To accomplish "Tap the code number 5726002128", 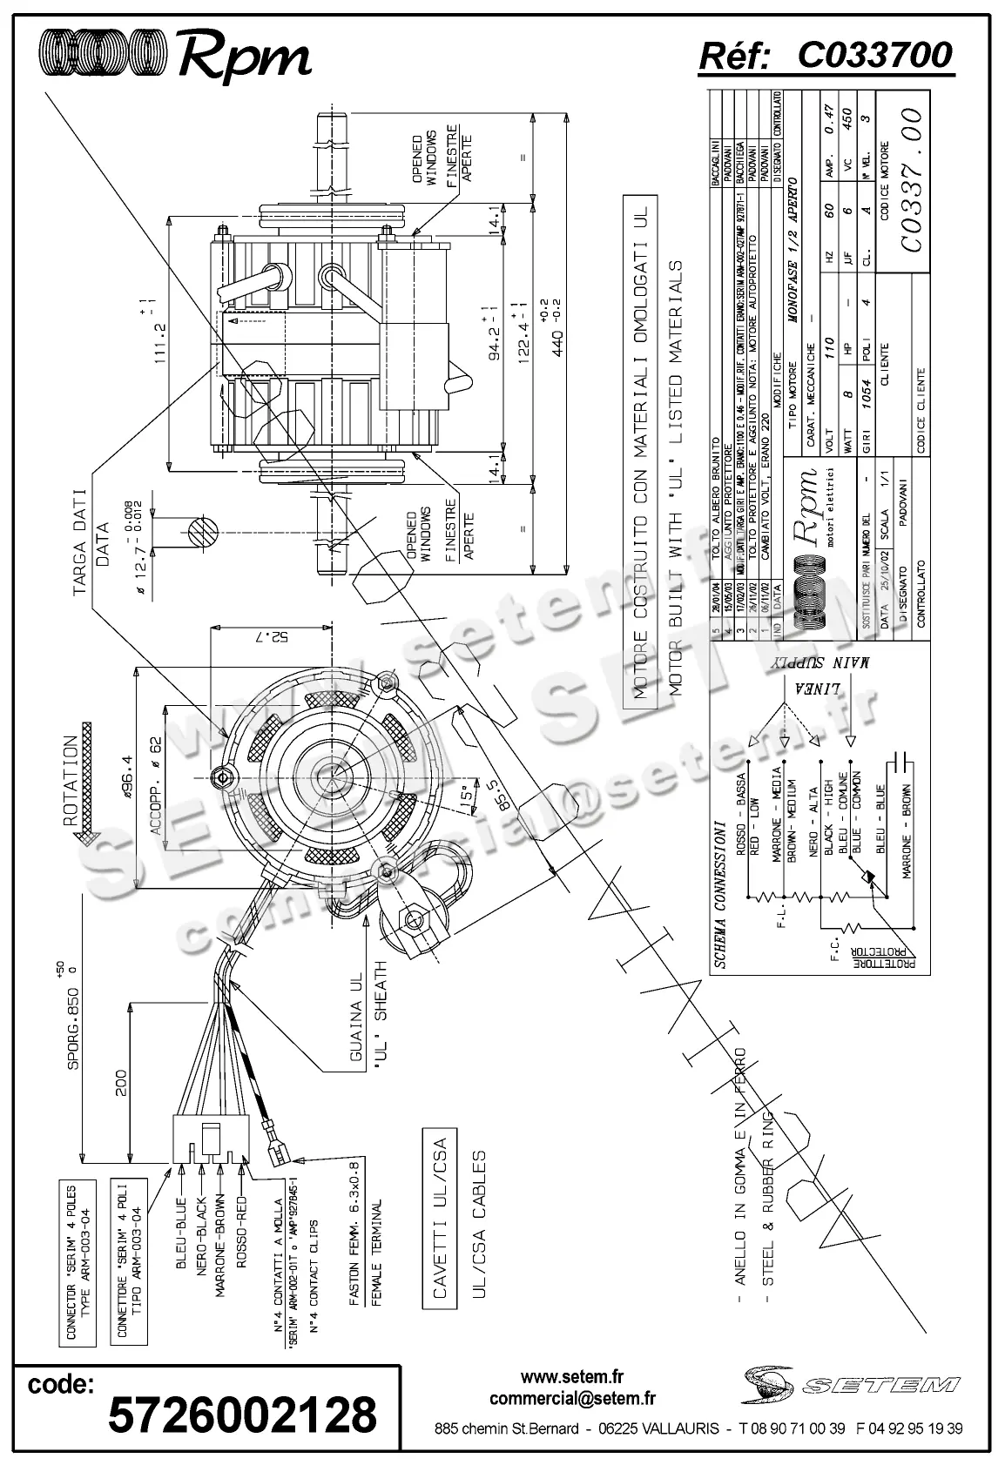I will pos(242,1414).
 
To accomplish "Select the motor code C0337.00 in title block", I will pos(911,179).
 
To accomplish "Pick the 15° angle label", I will pos(468,795).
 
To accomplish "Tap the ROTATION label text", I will pos(71,778).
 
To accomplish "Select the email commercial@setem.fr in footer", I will pos(572,1398).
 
